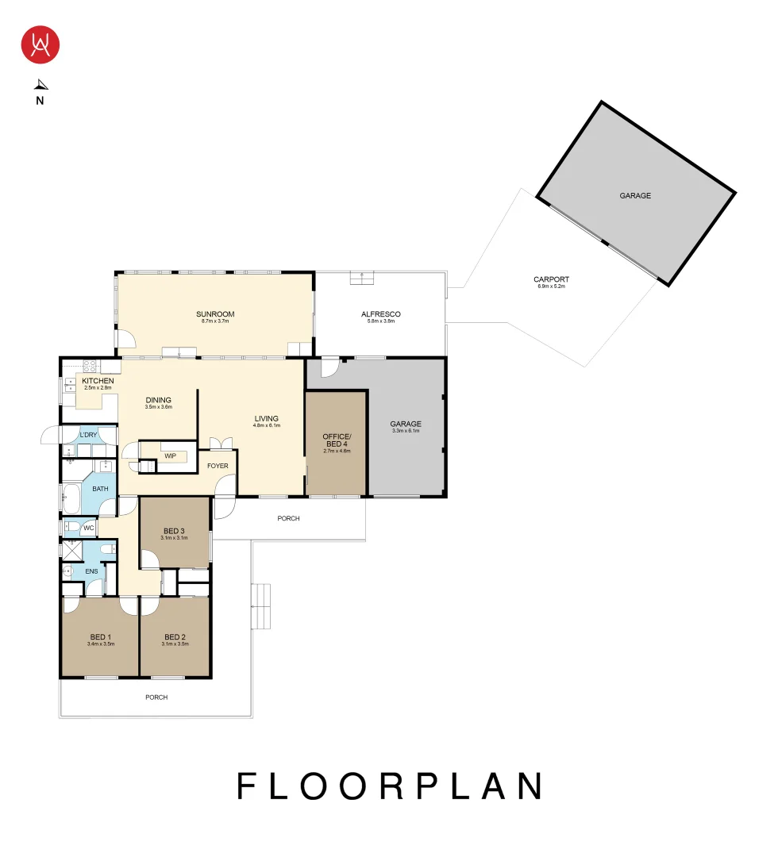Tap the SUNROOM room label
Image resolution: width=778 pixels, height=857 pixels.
215,314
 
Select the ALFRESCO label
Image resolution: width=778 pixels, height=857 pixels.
380,314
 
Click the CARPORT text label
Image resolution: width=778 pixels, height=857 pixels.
551,279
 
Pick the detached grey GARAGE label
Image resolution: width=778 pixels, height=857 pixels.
635,195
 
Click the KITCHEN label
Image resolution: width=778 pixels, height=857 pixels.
98,381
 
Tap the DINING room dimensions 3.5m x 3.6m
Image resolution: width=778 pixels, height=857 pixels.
158,407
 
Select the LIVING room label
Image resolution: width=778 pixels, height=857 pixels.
266,418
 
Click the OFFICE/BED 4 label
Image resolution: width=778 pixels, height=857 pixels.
336,440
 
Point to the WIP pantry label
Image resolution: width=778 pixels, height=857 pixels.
170,456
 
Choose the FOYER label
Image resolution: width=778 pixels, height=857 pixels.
218,466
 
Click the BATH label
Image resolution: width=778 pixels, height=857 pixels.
100,489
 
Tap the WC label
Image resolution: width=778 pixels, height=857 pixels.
89,527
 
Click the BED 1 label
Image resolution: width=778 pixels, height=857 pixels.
100,637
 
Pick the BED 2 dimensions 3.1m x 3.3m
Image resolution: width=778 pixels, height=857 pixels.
174,644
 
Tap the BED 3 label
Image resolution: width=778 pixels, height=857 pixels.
174,531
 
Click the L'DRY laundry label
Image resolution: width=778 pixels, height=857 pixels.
88,435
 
